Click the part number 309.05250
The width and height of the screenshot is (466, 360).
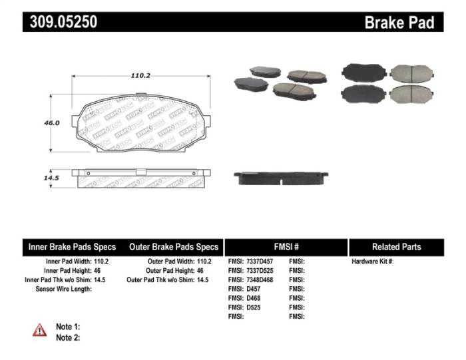point(63,22)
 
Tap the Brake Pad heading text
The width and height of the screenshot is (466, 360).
point(399,23)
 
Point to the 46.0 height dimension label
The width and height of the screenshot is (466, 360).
point(52,123)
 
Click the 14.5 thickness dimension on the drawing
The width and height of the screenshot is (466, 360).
point(52,178)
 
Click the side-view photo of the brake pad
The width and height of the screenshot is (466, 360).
point(282,178)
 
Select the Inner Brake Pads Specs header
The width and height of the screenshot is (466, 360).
point(72,247)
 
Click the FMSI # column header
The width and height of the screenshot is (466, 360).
point(286,247)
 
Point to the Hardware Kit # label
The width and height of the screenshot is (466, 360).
point(372,262)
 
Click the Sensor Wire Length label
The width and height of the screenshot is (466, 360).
point(63,289)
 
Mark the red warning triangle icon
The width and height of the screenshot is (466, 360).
point(40,329)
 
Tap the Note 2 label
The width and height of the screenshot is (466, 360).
point(68,337)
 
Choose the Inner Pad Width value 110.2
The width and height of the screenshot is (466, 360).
point(101,262)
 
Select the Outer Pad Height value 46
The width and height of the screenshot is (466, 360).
point(201,271)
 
